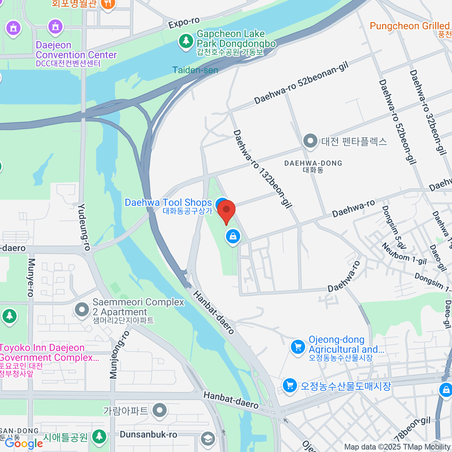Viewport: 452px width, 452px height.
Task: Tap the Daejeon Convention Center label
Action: click(76, 50)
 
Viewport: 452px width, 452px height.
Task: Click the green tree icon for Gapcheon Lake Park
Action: click(185, 41)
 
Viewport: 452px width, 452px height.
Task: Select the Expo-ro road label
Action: click(184, 23)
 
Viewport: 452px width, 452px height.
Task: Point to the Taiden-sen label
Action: click(195, 70)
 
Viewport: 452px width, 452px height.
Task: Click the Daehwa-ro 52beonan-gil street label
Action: click(301, 84)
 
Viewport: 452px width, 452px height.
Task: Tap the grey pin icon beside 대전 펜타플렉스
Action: click(310, 142)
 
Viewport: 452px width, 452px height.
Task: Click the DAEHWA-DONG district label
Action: click(313, 163)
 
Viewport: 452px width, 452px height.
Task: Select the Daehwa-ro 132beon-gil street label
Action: click(263, 169)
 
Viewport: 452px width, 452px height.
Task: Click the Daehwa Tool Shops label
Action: click(168, 203)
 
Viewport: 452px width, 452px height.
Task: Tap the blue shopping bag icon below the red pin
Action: click(233, 237)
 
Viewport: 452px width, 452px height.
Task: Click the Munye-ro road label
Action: click(31, 277)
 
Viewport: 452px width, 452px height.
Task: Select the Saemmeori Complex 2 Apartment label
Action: click(138, 307)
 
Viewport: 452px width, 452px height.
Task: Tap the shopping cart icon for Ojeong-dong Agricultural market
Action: click(298, 347)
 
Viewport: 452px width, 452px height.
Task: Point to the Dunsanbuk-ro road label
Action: click(148, 435)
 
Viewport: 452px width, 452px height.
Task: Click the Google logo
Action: click(24, 443)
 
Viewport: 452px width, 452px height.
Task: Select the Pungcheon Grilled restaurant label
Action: click(410, 26)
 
